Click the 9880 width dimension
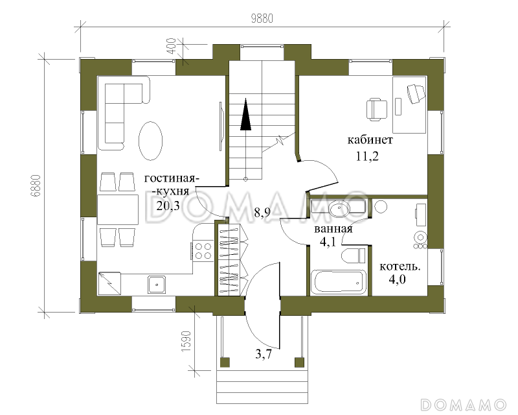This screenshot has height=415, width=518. pyautogui.click(x=262, y=19)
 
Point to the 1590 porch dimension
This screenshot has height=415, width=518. pyautogui.click(x=186, y=342)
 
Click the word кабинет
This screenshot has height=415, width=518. pyautogui.click(x=370, y=139)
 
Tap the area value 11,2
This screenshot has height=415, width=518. pyautogui.click(x=367, y=156)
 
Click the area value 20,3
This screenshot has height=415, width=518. pyautogui.click(x=168, y=206)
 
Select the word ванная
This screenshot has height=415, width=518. pyautogui.click(x=333, y=229)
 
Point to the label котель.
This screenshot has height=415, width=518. pyautogui.click(x=400, y=267)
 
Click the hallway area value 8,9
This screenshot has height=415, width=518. pyautogui.click(x=262, y=213)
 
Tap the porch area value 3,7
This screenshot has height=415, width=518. pyautogui.click(x=264, y=355)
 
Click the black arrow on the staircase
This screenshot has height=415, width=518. pyautogui.click(x=245, y=113)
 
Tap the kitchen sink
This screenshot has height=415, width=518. pyautogui.click(x=157, y=284)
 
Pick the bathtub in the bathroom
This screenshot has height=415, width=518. pyautogui.click(x=339, y=282)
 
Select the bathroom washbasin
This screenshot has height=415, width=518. pyautogui.click(x=339, y=209)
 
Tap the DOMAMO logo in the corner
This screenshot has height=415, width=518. pyautogui.click(x=464, y=405)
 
